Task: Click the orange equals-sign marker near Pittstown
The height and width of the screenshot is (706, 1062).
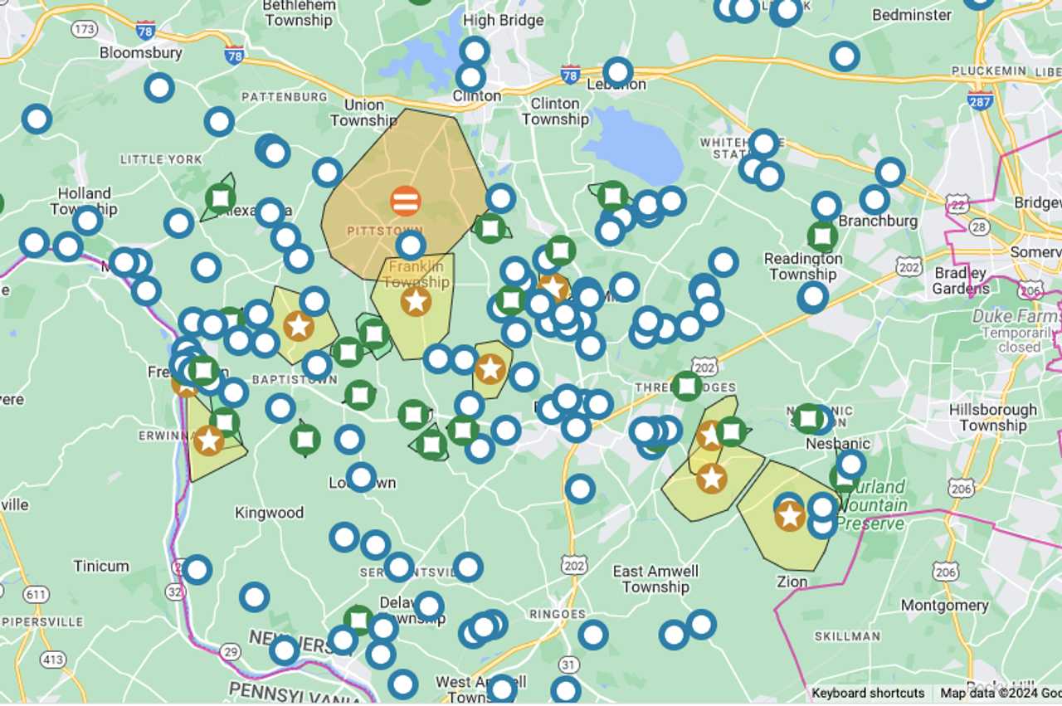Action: [x=406, y=201]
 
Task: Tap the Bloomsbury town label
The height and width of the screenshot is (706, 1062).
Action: [x=140, y=53]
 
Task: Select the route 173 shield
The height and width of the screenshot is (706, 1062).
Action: [x=84, y=30]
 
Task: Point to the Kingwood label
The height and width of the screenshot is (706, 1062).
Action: [x=269, y=513]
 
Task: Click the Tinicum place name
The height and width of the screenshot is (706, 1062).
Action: [x=101, y=567]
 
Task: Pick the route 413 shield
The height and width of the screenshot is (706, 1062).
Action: [x=53, y=660]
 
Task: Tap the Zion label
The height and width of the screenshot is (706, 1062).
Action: [x=792, y=582]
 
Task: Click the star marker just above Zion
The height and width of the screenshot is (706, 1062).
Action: [x=789, y=516]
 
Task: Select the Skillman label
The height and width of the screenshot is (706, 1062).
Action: [x=847, y=636]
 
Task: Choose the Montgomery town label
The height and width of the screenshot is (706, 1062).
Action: [x=944, y=606]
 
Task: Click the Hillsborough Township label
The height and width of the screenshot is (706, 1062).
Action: [x=992, y=417]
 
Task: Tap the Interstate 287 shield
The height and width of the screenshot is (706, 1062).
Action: [x=981, y=101]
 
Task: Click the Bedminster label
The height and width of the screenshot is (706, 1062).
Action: [x=912, y=15]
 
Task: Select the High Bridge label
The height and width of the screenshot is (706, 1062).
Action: [x=504, y=21]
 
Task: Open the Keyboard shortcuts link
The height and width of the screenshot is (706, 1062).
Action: [x=868, y=694]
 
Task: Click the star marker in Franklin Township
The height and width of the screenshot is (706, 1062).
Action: [x=416, y=301]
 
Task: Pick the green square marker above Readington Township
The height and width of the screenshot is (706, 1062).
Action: [x=822, y=236]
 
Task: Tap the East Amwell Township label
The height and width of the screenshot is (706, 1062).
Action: [x=655, y=579]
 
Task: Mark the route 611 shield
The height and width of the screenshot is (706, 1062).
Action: [x=35, y=594]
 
